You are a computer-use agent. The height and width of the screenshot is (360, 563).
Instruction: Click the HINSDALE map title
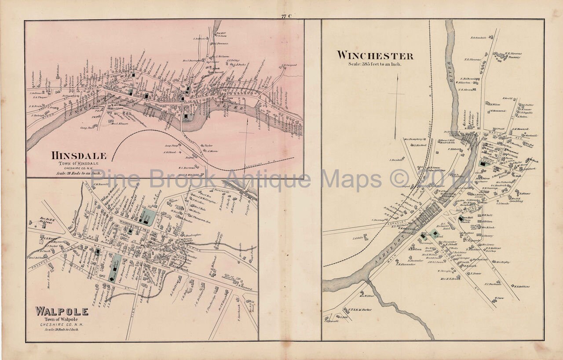pos(79,156)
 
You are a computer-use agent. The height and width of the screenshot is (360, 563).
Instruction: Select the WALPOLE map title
pos(62,312)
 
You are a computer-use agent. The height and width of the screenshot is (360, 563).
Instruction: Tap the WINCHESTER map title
pos(375,56)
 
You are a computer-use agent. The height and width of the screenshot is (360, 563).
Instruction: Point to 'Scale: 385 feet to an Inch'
pos(375,64)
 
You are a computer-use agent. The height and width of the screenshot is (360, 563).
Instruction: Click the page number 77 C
pos(286,17)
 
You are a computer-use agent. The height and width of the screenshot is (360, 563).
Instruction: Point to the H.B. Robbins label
pos(522,287)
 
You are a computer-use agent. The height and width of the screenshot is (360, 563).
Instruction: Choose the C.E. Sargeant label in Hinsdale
pos(288,65)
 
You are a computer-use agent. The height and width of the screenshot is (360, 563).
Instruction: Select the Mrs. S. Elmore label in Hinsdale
pos(119,124)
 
